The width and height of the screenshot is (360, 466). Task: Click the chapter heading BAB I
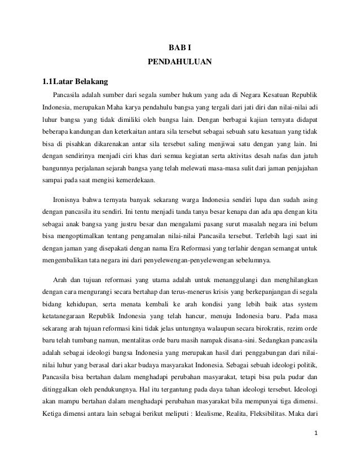(x=180, y=46)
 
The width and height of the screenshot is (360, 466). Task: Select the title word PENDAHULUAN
(x=180, y=61)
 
